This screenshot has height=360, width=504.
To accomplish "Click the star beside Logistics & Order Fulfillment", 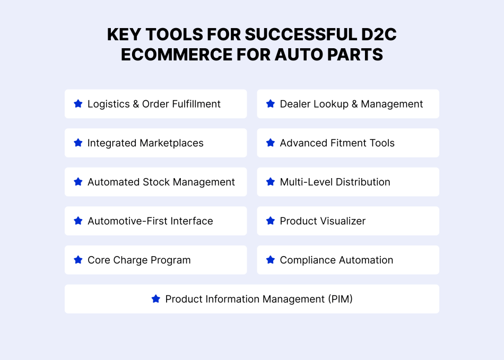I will (x=78, y=104).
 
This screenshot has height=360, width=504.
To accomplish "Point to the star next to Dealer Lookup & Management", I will (x=271, y=104).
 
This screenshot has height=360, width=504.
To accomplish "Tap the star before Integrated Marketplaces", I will (x=78, y=143).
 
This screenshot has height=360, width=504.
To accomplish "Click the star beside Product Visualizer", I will (x=271, y=221).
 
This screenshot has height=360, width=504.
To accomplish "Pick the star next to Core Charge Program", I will (x=78, y=260).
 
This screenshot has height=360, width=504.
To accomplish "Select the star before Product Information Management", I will (x=156, y=299).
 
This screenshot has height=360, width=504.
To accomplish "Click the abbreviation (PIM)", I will (x=340, y=299).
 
